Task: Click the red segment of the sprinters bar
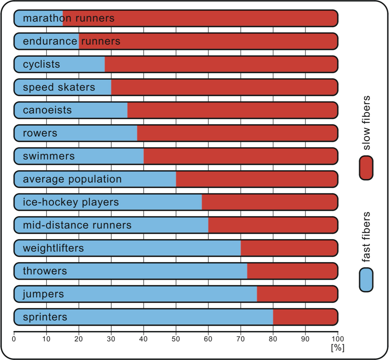pyautogui.click(x=305, y=317)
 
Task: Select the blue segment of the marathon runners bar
pyautogui.click(x=38, y=18)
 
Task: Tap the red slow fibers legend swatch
pyautogui.click(x=366, y=168)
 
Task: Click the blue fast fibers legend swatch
pyautogui.click(x=366, y=280)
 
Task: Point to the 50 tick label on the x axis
pyautogui.click(x=176, y=339)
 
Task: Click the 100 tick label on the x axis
pyautogui.click(x=338, y=339)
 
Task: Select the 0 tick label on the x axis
pyautogui.click(x=14, y=339)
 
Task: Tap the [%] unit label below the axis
pyautogui.click(x=338, y=347)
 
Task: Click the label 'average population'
pyautogui.click(x=72, y=179)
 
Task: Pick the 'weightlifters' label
pyautogui.click(x=53, y=248)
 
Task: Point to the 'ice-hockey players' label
pyautogui.click(x=71, y=202)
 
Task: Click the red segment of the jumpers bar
pyautogui.click(x=297, y=294)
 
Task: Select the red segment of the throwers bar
pyautogui.click(x=293, y=271)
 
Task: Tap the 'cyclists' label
pyautogui.click(x=42, y=64)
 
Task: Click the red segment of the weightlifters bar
pyautogui.click(x=289, y=248)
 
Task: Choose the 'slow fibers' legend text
pyautogui.click(x=366, y=123)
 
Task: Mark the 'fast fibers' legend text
pyautogui.click(x=366, y=237)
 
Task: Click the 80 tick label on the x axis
pyautogui.click(x=273, y=339)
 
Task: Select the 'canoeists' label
pyautogui.click(x=47, y=110)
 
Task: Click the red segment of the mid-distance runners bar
pyautogui.click(x=273, y=225)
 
